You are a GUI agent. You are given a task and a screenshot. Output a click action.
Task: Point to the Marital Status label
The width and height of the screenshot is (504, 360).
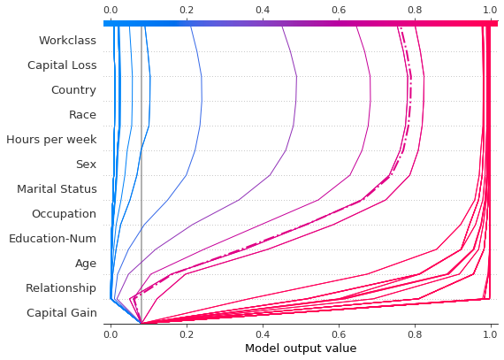click(57, 188)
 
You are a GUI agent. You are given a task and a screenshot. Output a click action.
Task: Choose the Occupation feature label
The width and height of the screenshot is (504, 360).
click(64, 213)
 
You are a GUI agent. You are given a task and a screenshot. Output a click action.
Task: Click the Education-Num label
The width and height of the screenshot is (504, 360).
click(53, 238)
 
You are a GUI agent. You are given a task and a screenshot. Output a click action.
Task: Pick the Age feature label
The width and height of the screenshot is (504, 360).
click(86, 263)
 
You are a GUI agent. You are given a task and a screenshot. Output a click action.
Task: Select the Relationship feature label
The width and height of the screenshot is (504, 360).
click(60, 287)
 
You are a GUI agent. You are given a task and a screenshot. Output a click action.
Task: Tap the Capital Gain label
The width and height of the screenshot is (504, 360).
click(61, 312)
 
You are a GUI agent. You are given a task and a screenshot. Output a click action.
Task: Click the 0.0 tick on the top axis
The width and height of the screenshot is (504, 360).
click(111, 10)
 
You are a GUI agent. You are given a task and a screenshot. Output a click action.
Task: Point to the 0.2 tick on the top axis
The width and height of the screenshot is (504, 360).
click(187, 10)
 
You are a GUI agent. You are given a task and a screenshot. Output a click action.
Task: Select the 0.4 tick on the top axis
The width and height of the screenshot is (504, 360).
click(263, 10)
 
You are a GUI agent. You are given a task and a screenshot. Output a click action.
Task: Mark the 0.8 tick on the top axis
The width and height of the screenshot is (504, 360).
click(415, 10)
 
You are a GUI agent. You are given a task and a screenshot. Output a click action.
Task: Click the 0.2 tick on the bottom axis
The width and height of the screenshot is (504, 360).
click(187, 335)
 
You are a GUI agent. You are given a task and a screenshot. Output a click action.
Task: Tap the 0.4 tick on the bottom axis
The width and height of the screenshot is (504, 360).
click(263, 335)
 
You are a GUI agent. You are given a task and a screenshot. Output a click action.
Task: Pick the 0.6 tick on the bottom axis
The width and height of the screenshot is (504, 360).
click(339, 335)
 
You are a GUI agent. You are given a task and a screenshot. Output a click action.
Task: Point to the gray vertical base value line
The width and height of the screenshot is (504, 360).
click(141, 177)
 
